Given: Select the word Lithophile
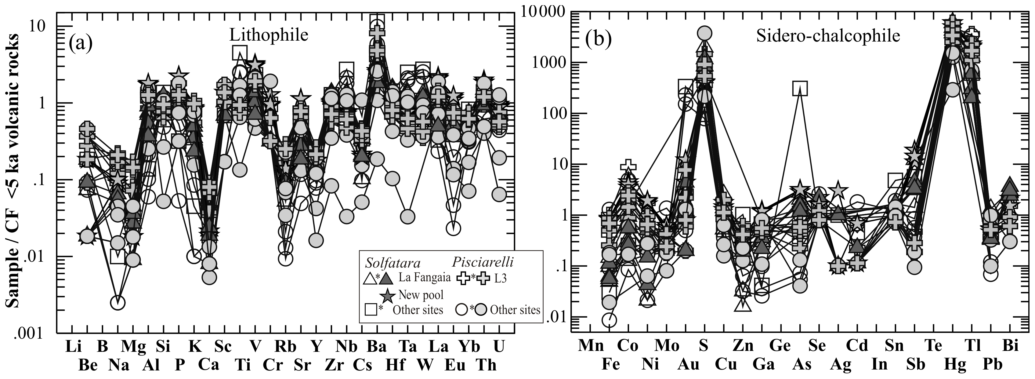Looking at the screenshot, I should (x=268, y=35).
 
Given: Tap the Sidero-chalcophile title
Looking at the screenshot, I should (x=828, y=36).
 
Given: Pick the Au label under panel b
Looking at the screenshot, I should (x=689, y=365).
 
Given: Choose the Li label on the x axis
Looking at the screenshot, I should (x=73, y=346).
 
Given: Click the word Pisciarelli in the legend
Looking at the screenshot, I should (x=483, y=262).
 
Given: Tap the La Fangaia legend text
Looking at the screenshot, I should (x=424, y=277).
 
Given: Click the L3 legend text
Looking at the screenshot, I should (x=500, y=278).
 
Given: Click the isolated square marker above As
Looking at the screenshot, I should (x=800, y=88).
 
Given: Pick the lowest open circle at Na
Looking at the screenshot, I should (x=117, y=303).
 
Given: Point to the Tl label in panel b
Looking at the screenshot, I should (x=973, y=346).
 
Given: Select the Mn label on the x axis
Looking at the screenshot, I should (x=591, y=346).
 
